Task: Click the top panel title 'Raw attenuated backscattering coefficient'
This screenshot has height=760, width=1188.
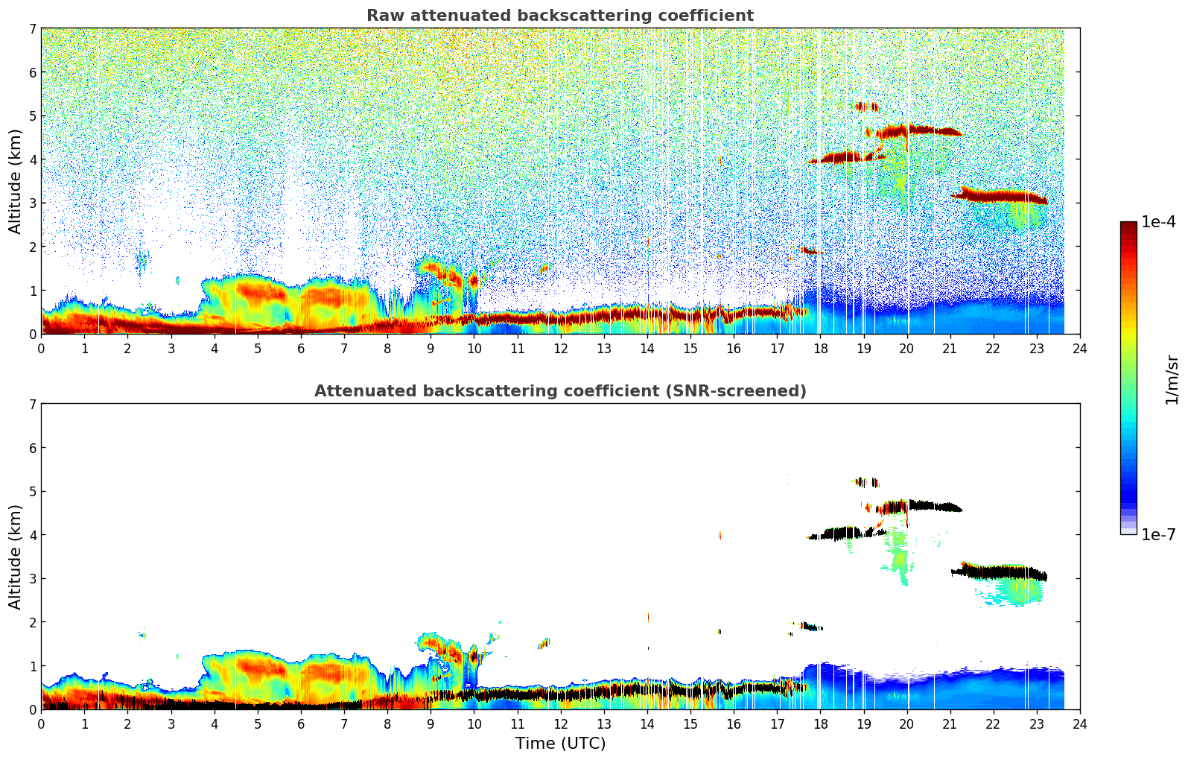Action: tap(559, 16)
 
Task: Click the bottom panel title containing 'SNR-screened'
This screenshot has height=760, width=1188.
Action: tap(559, 391)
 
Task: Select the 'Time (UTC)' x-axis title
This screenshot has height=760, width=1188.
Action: tap(560, 744)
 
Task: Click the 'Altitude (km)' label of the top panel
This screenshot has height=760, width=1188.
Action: tap(16, 181)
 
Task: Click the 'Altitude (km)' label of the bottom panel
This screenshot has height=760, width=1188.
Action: tap(16, 557)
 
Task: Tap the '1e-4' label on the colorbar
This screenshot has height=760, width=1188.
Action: tap(1158, 222)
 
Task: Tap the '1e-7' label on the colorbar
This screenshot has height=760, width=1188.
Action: tap(1158, 534)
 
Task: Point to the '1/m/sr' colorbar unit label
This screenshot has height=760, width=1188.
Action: tap(1172, 379)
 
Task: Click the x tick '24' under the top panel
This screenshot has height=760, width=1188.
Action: tap(1079, 349)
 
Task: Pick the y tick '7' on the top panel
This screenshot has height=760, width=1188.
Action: tap(32, 29)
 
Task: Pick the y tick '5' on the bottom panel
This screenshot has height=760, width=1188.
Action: tap(32, 492)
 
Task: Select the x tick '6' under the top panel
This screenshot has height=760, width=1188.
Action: tap(301, 349)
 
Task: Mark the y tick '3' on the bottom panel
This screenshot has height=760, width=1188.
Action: tap(32, 579)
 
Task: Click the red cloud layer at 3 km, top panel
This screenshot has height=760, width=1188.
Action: tap(1002, 197)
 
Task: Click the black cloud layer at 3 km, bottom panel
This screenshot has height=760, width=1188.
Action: tap(1002, 572)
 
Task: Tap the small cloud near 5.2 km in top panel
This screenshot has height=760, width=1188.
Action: tap(866, 107)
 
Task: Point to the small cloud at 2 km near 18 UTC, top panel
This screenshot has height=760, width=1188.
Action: tap(811, 251)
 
